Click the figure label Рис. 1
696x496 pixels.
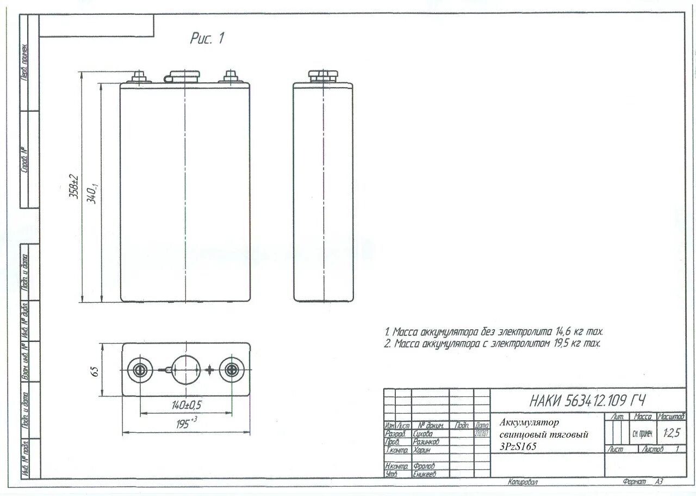(x=207, y=39)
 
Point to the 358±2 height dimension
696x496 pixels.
(x=73, y=187)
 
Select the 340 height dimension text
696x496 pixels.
(x=92, y=194)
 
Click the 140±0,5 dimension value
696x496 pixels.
(x=185, y=406)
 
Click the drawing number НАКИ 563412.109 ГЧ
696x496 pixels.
(x=587, y=401)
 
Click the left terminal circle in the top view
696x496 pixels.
(x=140, y=370)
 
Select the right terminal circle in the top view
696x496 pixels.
(x=232, y=370)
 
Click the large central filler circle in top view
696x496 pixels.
(x=187, y=370)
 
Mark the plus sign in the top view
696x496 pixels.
(x=209, y=370)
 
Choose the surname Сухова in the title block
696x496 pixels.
(x=423, y=434)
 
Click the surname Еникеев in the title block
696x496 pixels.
(x=424, y=474)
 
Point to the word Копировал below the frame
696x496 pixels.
(x=523, y=482)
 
